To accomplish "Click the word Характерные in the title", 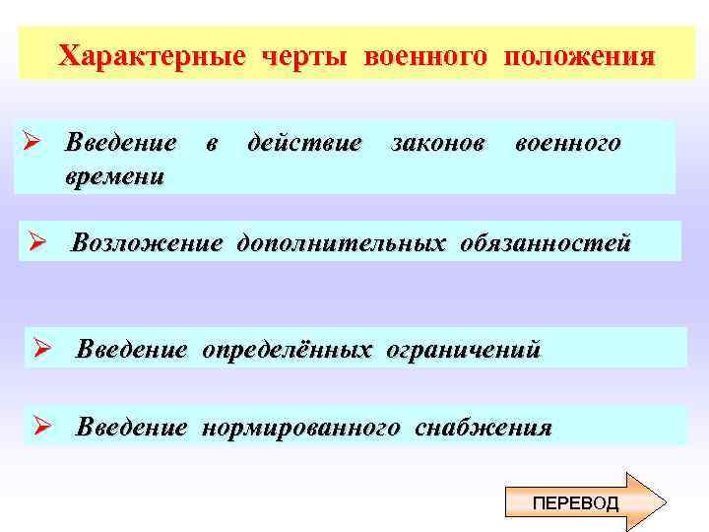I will [x=152, y=56].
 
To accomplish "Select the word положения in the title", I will [x=578, y=56].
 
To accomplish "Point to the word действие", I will [x=304, y=143].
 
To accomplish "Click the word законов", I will [x=437, y=143].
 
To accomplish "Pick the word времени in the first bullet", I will [x=114, y=176].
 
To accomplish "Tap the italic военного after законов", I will [x=568, y=143].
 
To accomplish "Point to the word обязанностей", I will [x=543, y=243].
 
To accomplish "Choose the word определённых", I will [x=288, y=350].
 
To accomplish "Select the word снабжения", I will [x=483, y=428].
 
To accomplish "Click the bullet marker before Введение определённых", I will [x=43, y=349].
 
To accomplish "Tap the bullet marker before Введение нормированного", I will [x=43, y=427].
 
